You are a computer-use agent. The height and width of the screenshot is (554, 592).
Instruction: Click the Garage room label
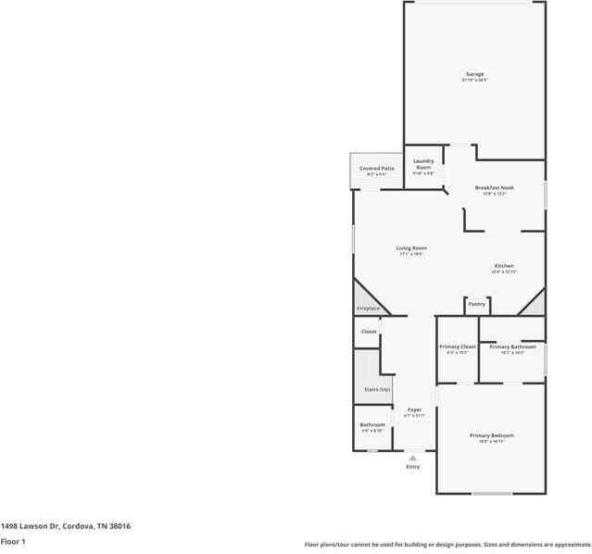474,74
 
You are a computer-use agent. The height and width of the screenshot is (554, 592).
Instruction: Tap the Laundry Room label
423,163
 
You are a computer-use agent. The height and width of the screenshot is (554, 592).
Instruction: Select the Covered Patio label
377,169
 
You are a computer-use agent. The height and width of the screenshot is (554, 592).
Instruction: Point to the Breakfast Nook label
494,187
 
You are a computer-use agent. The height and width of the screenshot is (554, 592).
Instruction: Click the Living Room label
411,247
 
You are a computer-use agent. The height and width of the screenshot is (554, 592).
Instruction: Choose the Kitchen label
503,266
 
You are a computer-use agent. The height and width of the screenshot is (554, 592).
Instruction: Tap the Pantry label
476,304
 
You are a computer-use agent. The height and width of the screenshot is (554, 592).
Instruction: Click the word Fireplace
368,308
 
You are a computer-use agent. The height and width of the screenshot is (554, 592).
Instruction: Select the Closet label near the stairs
369,331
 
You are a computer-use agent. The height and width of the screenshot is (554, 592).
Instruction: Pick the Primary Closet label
458,346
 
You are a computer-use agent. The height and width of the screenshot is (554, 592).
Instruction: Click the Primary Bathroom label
512,346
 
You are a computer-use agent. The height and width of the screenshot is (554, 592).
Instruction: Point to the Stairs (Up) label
377,389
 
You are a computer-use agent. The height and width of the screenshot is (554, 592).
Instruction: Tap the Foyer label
414,409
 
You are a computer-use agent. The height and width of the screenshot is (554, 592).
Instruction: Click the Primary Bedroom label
491,435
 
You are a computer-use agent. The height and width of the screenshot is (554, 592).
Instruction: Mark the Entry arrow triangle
413,458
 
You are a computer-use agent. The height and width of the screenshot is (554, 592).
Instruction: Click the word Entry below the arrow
413,467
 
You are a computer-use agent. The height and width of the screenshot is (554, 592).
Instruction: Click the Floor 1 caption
13,541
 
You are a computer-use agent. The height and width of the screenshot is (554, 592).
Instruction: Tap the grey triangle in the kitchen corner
535,304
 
